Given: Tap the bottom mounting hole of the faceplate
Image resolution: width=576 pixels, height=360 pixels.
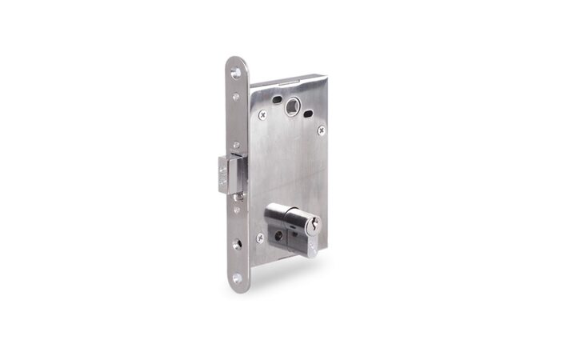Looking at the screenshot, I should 237,278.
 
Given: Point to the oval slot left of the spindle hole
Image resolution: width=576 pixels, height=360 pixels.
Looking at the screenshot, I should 276,100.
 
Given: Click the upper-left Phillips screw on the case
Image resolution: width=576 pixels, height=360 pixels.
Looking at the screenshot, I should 262,114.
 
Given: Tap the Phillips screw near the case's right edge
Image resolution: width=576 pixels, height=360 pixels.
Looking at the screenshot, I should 321,130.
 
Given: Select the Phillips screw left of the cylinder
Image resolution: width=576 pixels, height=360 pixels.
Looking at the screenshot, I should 260,238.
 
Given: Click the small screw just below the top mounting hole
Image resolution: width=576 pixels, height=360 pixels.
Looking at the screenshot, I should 236,98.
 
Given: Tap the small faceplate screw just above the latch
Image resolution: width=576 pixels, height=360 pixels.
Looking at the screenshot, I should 236,145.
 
